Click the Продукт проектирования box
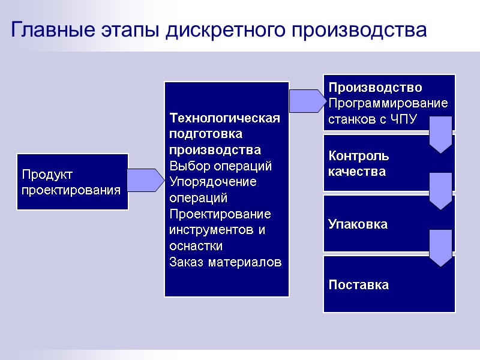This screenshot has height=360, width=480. coord(72,182)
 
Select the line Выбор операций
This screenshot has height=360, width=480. coord(221,166)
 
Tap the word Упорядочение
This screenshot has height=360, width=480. coord(213,182)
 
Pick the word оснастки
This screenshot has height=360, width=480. coord(196,247)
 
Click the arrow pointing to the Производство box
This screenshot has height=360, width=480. coord(306,101)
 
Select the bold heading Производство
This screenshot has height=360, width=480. coord(375,88)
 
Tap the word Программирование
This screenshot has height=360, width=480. coord(388,103)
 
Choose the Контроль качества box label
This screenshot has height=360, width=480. coord(359,164)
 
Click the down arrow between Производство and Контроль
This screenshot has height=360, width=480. coord(440,134)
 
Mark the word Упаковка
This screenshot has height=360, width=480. coord(358,224)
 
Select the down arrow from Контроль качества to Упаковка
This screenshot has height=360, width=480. coord(440,191)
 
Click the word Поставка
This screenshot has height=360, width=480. coord(358,285)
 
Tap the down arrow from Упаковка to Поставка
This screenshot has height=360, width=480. coord(440,248)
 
